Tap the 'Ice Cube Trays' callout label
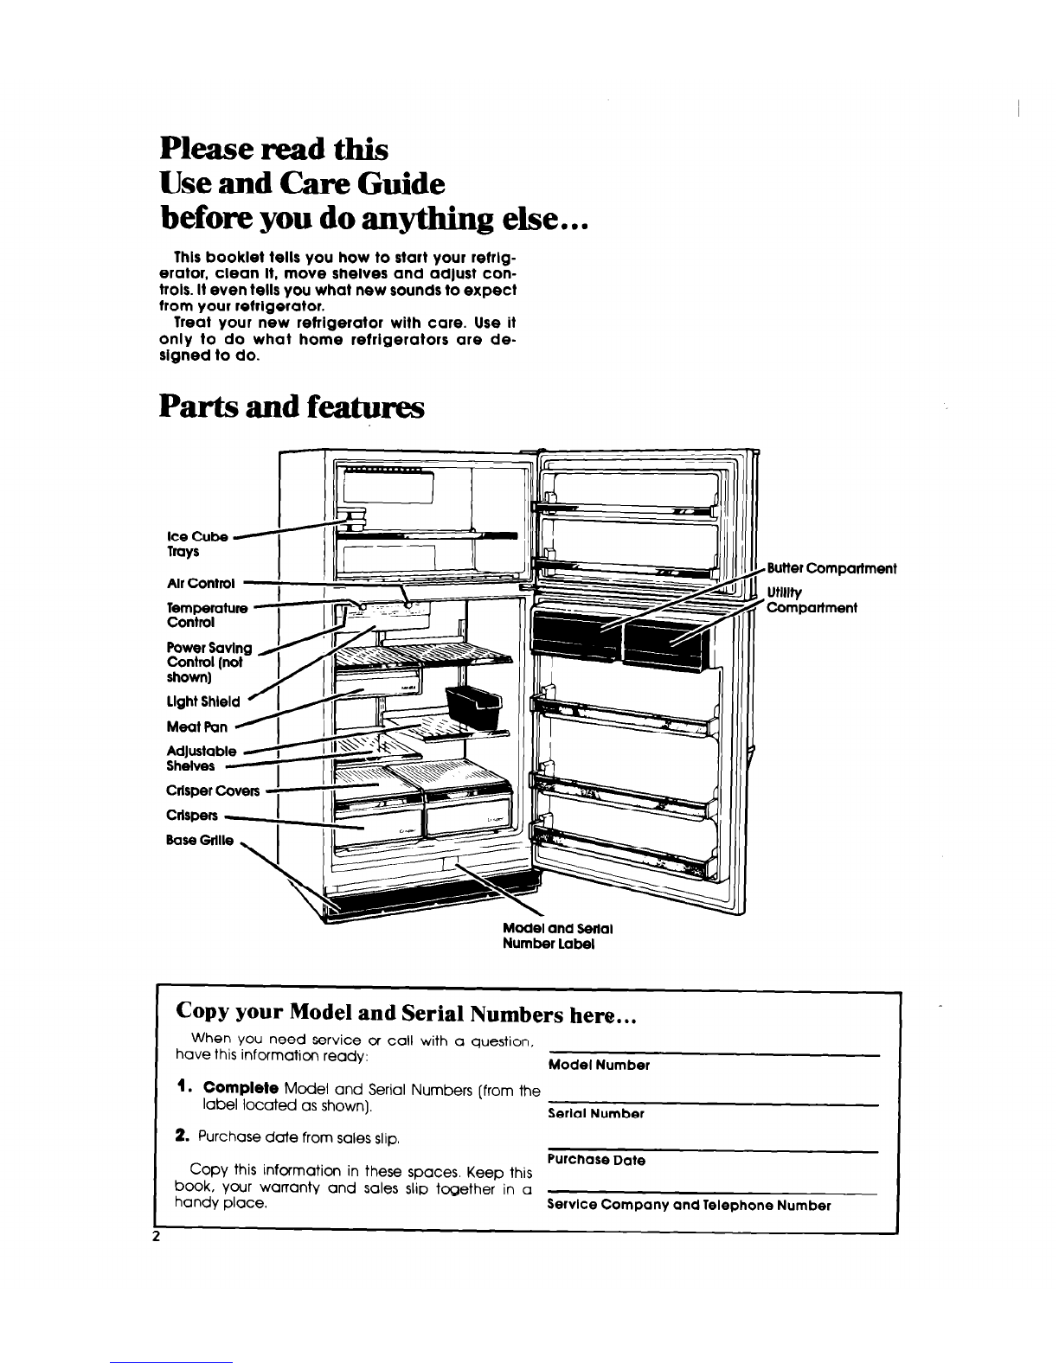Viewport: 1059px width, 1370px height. point(196,543)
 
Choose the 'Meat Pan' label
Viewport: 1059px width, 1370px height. point(196,727)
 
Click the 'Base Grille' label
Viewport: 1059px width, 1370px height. point(200,839)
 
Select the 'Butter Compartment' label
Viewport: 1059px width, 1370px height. point(831,568)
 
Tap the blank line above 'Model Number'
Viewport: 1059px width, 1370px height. point(714,1054)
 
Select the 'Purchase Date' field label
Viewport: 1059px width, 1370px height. point(596,1160)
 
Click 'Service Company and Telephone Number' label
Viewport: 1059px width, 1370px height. point(690,1205)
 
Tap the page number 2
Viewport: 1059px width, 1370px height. point(157,1236)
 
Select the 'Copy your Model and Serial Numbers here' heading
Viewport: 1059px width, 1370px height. point(407,1012)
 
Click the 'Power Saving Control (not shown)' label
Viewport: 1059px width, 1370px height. point(209,662)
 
